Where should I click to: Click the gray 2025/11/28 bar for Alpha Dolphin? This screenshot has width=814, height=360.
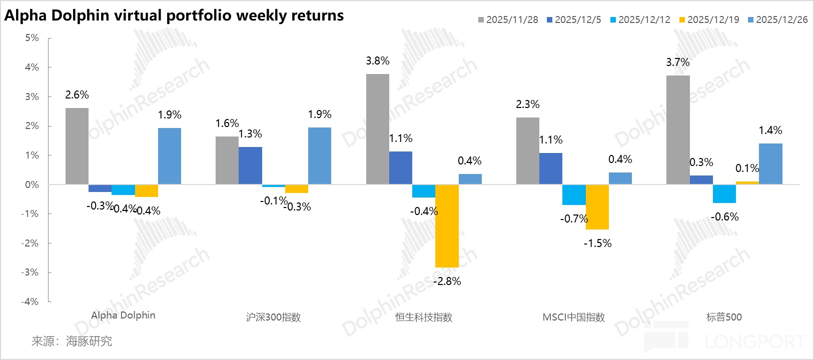77,146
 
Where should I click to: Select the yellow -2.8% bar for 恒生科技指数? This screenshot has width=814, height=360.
447,226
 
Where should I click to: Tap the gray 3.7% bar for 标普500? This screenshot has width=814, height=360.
678,130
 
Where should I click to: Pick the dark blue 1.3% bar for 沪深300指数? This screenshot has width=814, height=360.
250,165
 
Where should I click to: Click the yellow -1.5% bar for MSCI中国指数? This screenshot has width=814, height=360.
597,207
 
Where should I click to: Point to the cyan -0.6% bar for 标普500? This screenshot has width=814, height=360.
724,194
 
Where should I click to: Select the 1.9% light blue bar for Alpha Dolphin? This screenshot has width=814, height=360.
170,156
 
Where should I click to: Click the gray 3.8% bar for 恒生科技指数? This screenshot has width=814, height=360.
378,129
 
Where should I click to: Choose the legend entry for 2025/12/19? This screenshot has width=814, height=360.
709,19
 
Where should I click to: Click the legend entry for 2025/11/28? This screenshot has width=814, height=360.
508,19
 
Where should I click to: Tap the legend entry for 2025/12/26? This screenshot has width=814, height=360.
777,19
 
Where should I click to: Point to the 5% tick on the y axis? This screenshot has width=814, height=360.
32,38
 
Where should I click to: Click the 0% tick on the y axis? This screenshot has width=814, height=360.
32,184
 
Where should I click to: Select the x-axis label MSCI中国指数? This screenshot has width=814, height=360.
574,317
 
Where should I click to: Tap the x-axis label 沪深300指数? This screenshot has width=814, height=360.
273,317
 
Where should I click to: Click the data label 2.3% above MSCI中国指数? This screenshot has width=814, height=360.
528,104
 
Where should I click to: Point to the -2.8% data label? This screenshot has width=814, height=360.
447,281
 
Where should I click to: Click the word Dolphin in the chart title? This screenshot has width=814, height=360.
80,15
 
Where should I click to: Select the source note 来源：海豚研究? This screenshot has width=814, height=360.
72,341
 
